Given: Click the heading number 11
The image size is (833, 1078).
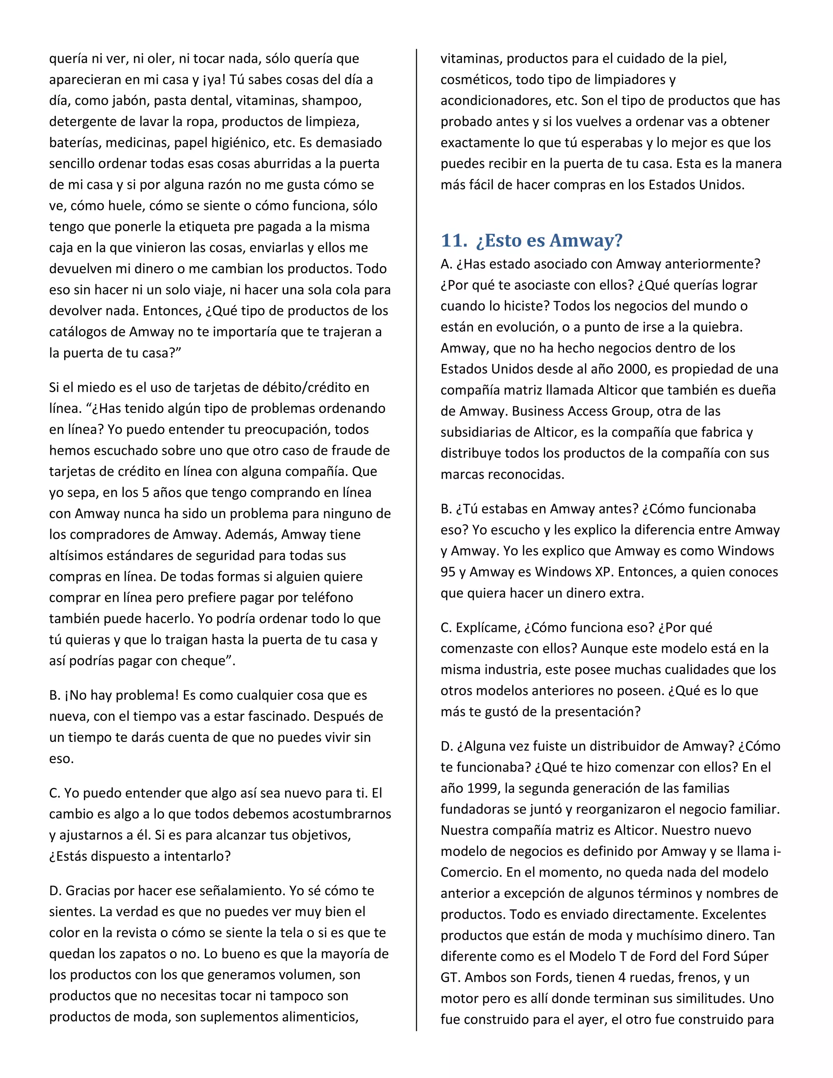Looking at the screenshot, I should (453, 241).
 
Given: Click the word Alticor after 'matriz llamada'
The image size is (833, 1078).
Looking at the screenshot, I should (617, 391).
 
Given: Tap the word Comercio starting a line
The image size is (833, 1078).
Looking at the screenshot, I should (471, 872).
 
